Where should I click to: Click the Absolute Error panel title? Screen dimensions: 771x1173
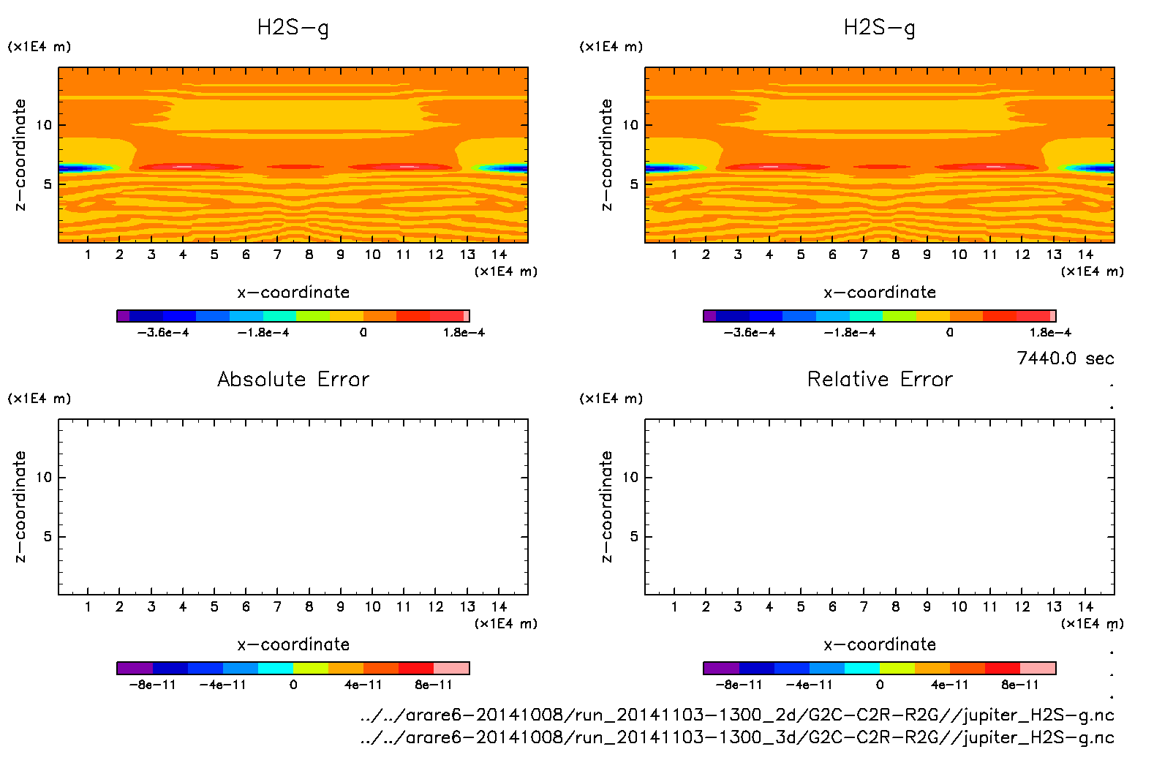(x=293, y=379)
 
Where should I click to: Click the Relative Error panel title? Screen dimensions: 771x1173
(x=880, y=379)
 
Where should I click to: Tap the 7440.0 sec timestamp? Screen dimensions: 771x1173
(x=1065, y=358)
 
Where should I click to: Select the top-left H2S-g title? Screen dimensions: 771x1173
(x=293, y=28)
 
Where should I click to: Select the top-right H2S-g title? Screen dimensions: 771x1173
(x=880, y=28)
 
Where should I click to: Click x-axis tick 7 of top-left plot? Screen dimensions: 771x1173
(x=277, y=255)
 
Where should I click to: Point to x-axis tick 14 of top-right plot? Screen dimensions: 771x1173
(x=1085, y=255)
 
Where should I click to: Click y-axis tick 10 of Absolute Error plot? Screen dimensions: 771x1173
(x=44, y=478)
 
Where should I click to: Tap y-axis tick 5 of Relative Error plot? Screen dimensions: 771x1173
(x=633, y=537)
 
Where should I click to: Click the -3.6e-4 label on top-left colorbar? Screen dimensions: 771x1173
(x=163, y=333)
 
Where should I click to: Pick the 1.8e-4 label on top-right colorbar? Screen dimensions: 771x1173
(x=1050, y=333)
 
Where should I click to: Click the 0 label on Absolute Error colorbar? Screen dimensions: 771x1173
(x=293, y=685)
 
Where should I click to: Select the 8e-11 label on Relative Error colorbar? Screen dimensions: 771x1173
(x=1019, y=685)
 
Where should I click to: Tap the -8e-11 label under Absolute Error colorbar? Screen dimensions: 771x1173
(x=152, y=685)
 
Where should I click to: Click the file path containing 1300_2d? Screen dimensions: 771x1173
(x=737, y=715)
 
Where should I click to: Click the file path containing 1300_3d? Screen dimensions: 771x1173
(x=737, y=737)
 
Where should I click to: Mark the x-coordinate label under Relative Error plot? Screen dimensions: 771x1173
(x=880, y=644)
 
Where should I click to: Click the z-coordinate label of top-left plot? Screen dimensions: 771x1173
(x=20, y=155)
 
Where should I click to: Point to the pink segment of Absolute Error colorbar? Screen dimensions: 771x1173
(x=451, y=668)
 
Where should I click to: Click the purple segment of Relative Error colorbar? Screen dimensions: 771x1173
(x=721, y=668)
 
